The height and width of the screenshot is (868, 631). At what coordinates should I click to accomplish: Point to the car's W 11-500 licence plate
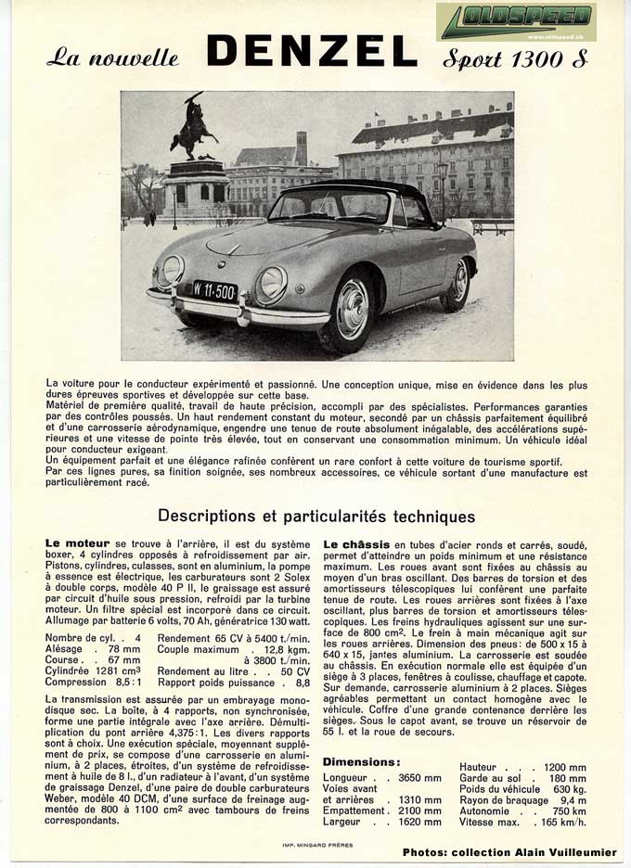[214, 289]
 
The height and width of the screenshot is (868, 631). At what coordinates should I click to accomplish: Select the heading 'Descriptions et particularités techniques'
[316, 517]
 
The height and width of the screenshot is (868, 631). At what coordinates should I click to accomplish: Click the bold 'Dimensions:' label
[360, 762]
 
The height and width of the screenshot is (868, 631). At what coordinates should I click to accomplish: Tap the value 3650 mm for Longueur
[419, 777]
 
